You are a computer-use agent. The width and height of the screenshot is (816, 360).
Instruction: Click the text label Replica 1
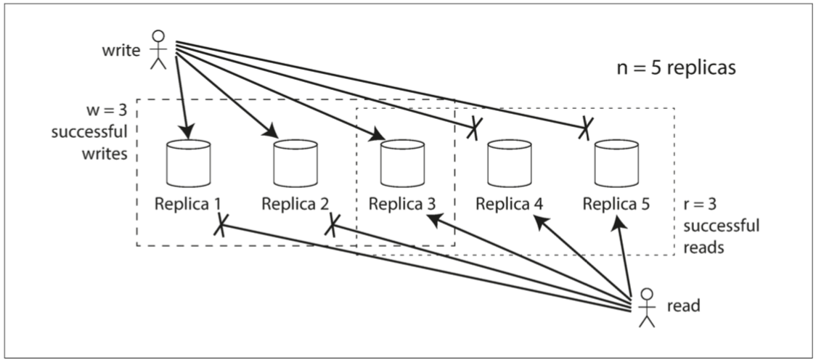point(188,203)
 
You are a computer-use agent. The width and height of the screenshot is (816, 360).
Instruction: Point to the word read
point(682,306)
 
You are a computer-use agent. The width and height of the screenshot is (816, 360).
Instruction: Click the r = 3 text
point(703,206)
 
